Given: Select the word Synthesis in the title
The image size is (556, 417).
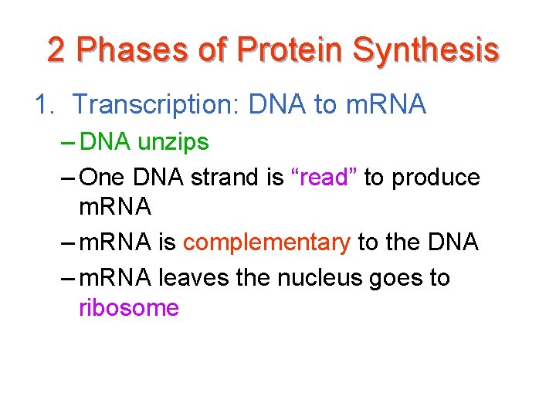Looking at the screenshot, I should [425, 50].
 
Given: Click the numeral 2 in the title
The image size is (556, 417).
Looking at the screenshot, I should [56, 50].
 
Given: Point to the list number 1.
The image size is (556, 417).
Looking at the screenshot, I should [42, 104].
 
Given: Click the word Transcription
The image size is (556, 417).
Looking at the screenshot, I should [158, 104].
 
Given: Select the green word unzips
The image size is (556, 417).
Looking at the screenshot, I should [173, 143].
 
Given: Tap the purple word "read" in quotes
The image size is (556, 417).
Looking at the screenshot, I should [324, 177].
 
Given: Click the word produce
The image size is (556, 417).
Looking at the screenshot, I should [436, 177].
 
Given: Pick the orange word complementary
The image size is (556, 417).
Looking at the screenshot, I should [266, 242].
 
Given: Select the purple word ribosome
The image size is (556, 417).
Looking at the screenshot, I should [128, 308].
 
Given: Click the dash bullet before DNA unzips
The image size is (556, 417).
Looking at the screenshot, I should [66, 143].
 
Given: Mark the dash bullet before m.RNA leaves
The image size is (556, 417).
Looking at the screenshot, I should [66, 276].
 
